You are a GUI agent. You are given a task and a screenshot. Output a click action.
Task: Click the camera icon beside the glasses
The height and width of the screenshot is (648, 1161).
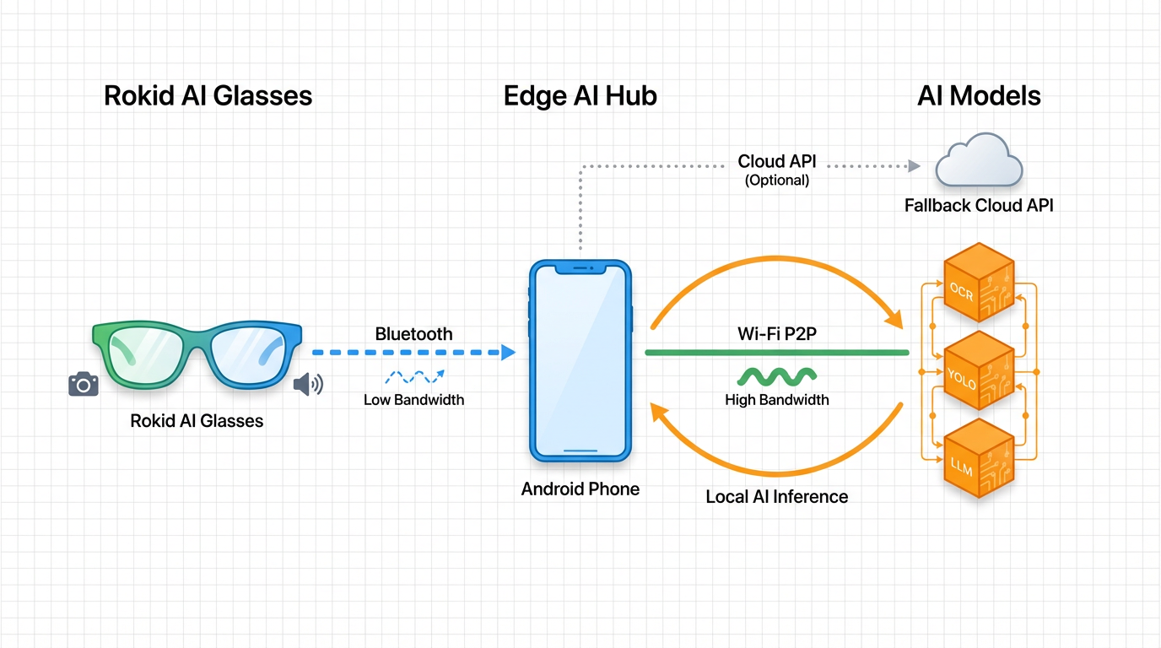point(83,385)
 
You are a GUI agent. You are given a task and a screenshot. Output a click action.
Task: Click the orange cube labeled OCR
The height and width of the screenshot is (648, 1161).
point(976,284)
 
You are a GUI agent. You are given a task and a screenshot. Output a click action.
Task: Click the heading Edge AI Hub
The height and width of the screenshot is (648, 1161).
point(580,95)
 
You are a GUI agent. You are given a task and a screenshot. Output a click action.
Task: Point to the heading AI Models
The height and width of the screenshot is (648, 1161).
point(979,95)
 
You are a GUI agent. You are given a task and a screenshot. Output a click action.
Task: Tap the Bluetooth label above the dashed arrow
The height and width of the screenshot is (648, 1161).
point(413,334)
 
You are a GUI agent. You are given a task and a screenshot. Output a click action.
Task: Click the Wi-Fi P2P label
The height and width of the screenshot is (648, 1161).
point(776,334)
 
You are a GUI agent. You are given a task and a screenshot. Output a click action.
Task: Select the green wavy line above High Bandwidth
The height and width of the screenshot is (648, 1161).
point(776,375)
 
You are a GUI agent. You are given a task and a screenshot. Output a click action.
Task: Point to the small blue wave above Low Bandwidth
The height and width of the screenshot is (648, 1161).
point(413,377)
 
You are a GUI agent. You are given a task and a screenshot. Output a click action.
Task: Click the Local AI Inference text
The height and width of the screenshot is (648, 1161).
point(776,496)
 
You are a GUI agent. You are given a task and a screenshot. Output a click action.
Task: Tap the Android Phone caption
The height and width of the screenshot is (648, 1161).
point(580,489)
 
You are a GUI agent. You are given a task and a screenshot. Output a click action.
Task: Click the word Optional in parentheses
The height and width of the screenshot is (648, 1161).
point(777,180)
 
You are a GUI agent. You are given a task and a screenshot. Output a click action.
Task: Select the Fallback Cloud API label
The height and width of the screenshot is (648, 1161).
point(979,205)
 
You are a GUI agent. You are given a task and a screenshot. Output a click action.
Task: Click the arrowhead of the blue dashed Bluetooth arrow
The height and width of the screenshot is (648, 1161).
point(508,353)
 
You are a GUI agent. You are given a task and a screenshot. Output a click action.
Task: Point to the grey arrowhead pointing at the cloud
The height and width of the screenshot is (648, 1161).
point(914,166)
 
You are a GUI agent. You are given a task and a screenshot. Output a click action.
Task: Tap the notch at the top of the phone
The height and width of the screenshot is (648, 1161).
point(580,268)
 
